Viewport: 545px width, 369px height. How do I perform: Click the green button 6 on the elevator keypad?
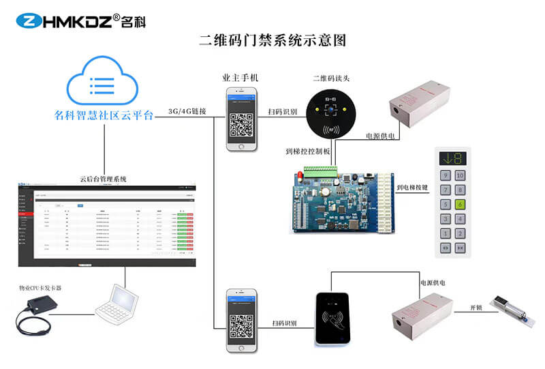pyautogui.click(x=460, y=204)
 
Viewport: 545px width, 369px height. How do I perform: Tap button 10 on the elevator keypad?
pyautogui.click(x=460, y=175)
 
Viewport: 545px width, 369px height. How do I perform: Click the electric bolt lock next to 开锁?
pyautogui.click(x=512, y=308)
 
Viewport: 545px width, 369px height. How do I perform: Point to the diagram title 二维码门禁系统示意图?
pyautogui.click(x=272, y=40)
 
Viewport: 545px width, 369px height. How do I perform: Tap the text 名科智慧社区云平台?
pyautogui.click(x=104, y=115)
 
